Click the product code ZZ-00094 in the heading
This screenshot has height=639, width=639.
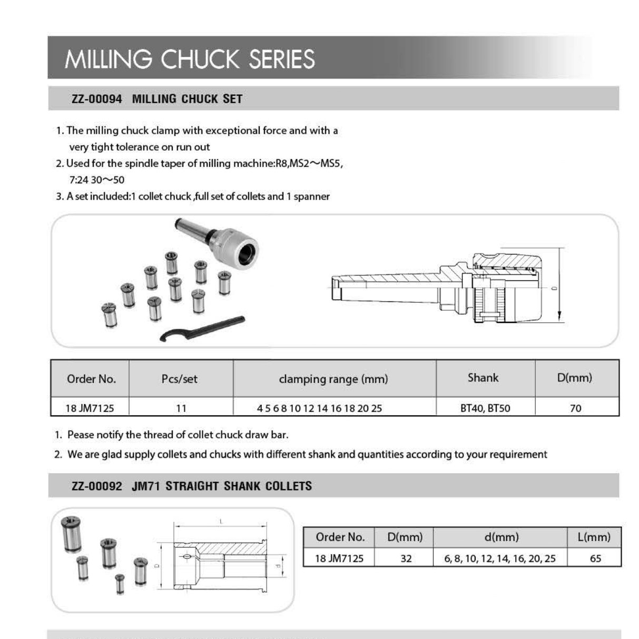(x=97, y=99)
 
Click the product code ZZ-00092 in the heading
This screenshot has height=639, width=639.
(x=97, y=486)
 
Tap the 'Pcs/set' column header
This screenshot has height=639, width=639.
(x=180, y=379)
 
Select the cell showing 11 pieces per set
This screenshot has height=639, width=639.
(x=181, y=408)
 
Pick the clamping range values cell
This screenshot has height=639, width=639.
(x=319, y=408)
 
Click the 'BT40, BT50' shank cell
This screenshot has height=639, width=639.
(x=485, y=408)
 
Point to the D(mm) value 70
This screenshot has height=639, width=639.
(x=575, y=408)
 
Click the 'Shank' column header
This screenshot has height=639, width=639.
(x=483, y=378)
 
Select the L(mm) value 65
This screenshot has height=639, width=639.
(x=595, y=558)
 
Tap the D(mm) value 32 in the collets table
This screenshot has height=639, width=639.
(x=406, y=558)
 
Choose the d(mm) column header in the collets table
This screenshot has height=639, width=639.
(x=501, y=537)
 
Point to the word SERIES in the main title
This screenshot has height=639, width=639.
(x=282, y=59)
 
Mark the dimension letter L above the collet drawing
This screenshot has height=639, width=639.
(x=221, y=522)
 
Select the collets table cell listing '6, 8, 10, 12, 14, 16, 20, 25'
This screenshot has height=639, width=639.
(x=499, y=558)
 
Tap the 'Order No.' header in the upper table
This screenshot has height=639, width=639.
(x=91, y=379)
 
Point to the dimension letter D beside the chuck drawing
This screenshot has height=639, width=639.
(x=554, y=288)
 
